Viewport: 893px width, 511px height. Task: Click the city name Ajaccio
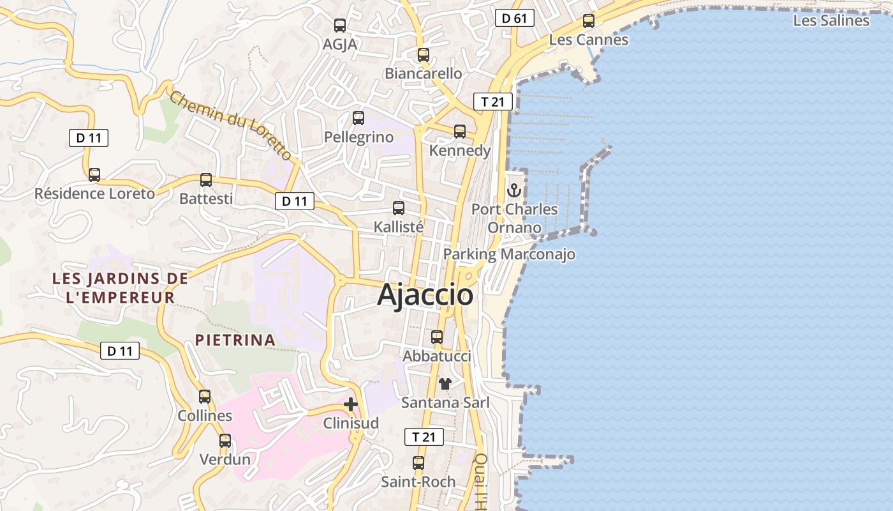click(x=425, y=295)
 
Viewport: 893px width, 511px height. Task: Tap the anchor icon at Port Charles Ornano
click(x=513, y=190)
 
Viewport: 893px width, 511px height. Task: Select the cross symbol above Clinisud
click(x=351, y=404)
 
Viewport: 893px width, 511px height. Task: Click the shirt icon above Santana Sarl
click(x=445, y=384)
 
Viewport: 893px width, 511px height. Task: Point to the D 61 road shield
click(x=514, y=18)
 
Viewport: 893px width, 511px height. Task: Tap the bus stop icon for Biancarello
click(x=424, y=55)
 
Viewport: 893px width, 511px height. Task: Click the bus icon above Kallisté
click(x=399, y=208)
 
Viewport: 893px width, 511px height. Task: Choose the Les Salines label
click(x=830, y=20)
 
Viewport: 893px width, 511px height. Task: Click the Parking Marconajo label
click(x=509, y=254)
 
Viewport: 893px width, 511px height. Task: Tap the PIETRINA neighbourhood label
click(x=235, y=340)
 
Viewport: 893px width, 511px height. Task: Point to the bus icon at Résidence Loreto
click(x=94, y=175)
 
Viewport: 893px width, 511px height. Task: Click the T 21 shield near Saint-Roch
click(x=424, y=437)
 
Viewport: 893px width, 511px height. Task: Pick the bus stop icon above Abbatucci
click(x=437, y=337)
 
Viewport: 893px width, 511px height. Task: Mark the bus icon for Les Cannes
click(x=589, y=21)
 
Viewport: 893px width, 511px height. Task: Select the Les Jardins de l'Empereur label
click(x=120, y=287)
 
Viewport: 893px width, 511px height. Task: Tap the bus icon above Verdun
click(x=225, y=441)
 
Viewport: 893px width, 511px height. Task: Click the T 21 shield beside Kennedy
click(x=492, y=101)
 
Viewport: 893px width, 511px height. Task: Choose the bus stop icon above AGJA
click(x=340, y=26)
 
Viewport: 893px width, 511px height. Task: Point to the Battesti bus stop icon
click(x=206, y=180)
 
